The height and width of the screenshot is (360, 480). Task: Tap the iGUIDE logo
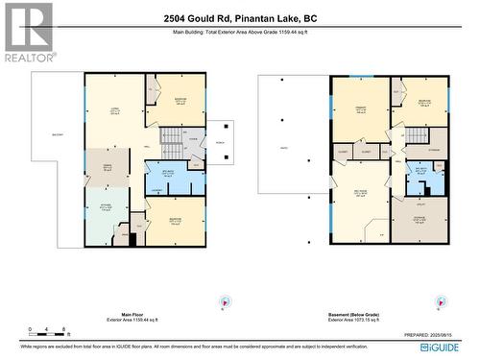pos(452,344)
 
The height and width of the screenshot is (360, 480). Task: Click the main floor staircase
pos(170,144)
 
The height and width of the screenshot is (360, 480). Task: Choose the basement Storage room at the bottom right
pos(420,220)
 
